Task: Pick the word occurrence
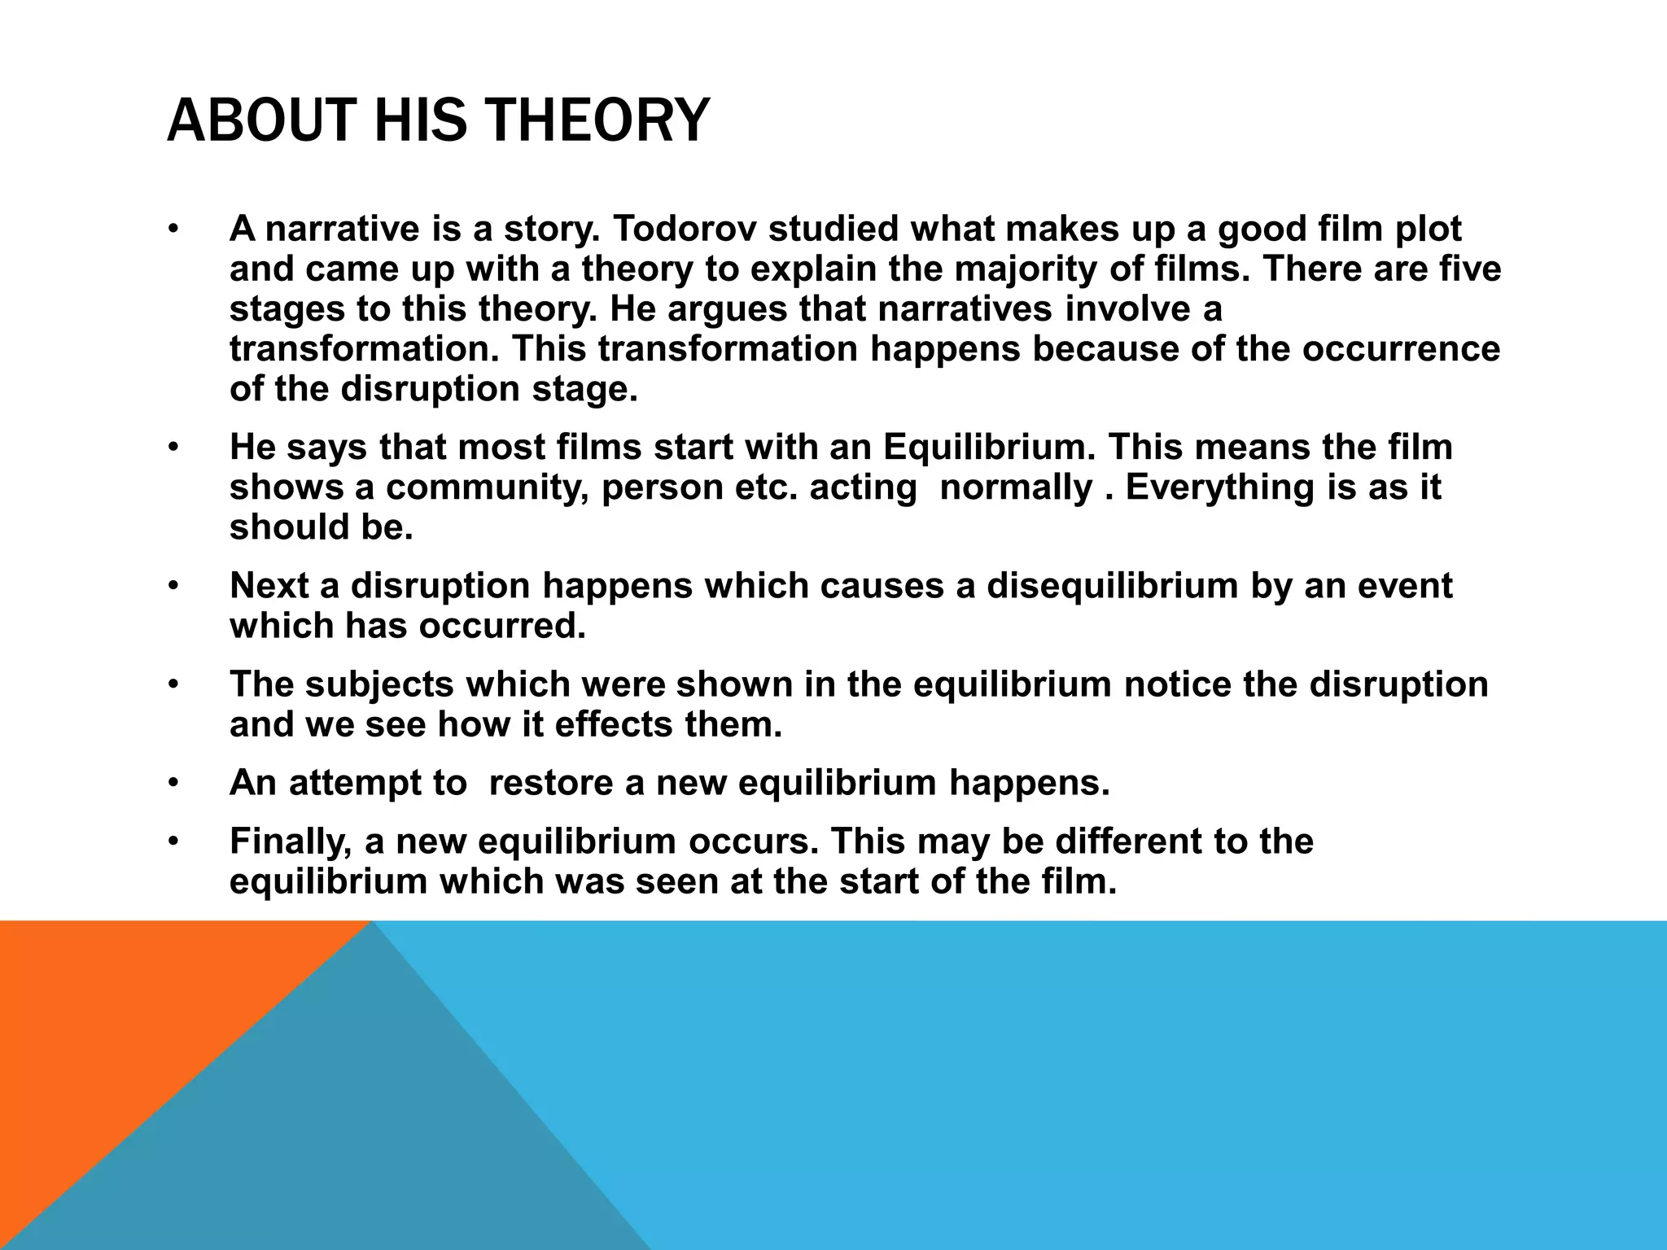(x=1401, y=349)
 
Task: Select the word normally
(x=1016, y=487)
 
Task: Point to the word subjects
(x=378, y=684)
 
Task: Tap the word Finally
(x=291, y=841)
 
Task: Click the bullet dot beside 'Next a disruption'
(x=173, y=587)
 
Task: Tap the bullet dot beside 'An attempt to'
(x=173, y=784)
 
